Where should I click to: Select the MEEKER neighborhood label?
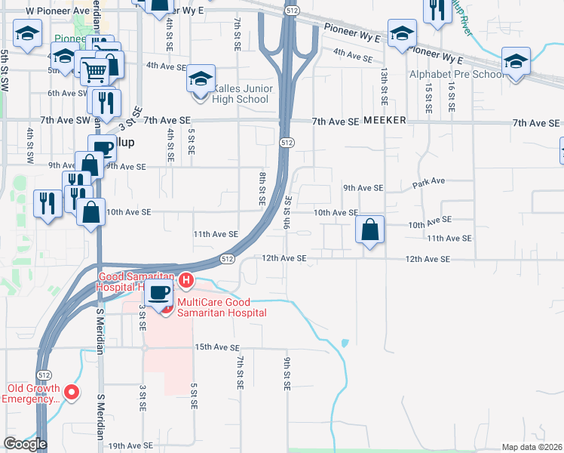385,121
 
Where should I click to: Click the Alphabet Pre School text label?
456,75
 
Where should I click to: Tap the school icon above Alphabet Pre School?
516,60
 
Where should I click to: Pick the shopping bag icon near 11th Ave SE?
370,230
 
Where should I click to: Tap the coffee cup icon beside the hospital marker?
159,293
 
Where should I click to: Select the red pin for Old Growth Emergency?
72,391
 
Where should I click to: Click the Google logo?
25,444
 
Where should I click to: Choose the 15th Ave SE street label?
216,347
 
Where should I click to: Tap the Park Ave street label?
429,182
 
